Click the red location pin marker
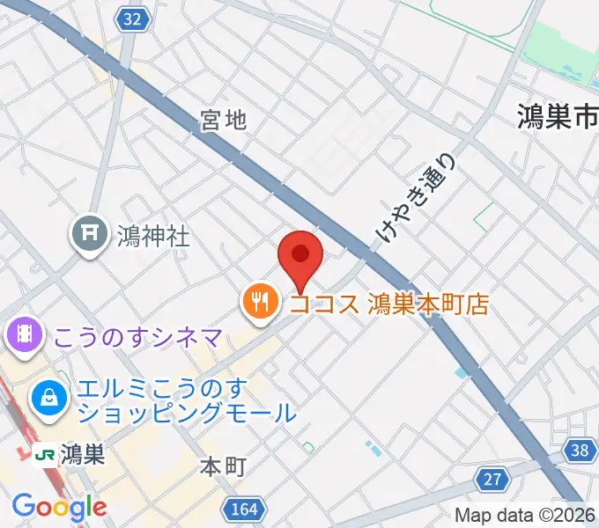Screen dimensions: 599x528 tap(300, 257)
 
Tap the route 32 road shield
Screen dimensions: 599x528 tap(132, 19)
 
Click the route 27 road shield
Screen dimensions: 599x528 tap(492, 478)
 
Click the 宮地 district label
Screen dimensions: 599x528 tap(223, 121)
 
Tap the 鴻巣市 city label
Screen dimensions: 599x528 tap(558, 114)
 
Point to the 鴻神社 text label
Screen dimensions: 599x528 tap(153, 235)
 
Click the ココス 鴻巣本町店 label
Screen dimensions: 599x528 tap(388, 304)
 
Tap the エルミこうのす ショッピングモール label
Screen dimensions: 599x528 tap(185, 399)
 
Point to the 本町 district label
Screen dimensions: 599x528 tap(222, 466)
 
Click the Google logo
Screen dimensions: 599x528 tap(59, 507)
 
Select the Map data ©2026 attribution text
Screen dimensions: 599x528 tap(525, 515)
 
